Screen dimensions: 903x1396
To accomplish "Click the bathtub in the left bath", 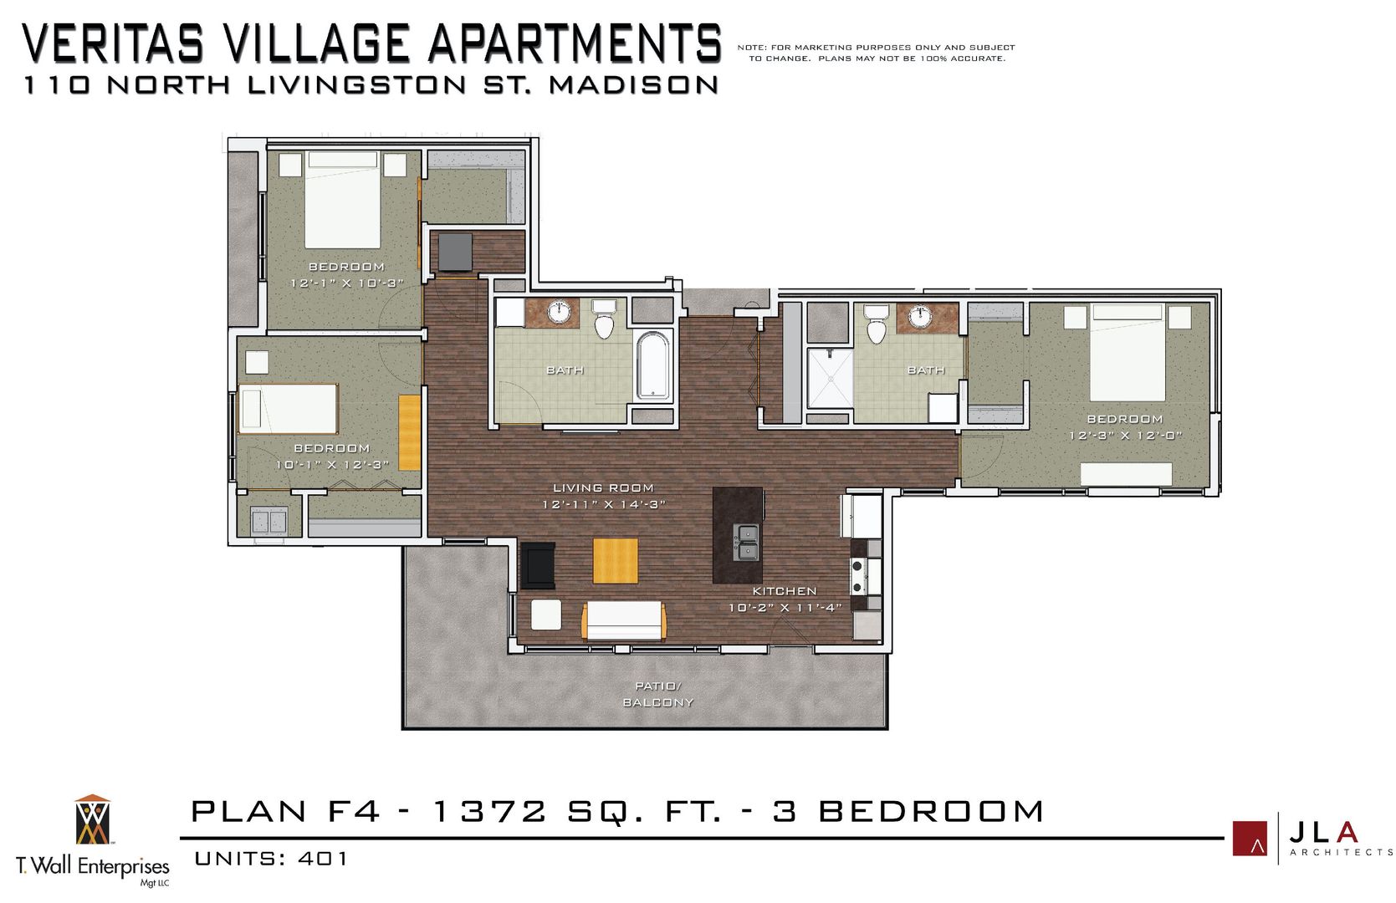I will pyautogui.click(x=653, y=366).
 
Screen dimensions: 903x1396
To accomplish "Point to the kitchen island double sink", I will pyautogui.click(x=746, y=542).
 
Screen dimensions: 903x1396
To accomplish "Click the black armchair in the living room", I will pyautogui.click(x=537, y=565).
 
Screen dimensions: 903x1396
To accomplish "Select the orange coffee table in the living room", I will pyautogui.click(x=616, y=560).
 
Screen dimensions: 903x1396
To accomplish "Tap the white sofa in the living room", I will pyautogui.click(x=624, y=620).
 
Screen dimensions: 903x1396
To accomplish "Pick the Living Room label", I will pyautogui.click(x=603, y=487).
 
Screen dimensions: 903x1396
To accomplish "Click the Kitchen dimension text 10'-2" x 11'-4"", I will pyautogui.click(x=785, y=608).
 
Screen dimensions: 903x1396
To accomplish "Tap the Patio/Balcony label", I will pyautogui.click(x=658, y=694).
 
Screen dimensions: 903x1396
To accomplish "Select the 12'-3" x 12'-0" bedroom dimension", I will pyautogui.click(x=1125, y=436).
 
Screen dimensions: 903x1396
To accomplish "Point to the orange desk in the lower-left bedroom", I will pyautogui.click(x=409, y=431).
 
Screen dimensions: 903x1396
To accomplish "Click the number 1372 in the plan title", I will pyautogui.click(x=488, y=811).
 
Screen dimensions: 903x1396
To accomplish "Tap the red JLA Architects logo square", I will pyautogui.click(x=1250, y=838).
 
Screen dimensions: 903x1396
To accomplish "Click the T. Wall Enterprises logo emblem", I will pyautogui.click(x=92, y=820).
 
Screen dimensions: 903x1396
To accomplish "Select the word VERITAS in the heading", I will pyautogui.click(x=112, y=43).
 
